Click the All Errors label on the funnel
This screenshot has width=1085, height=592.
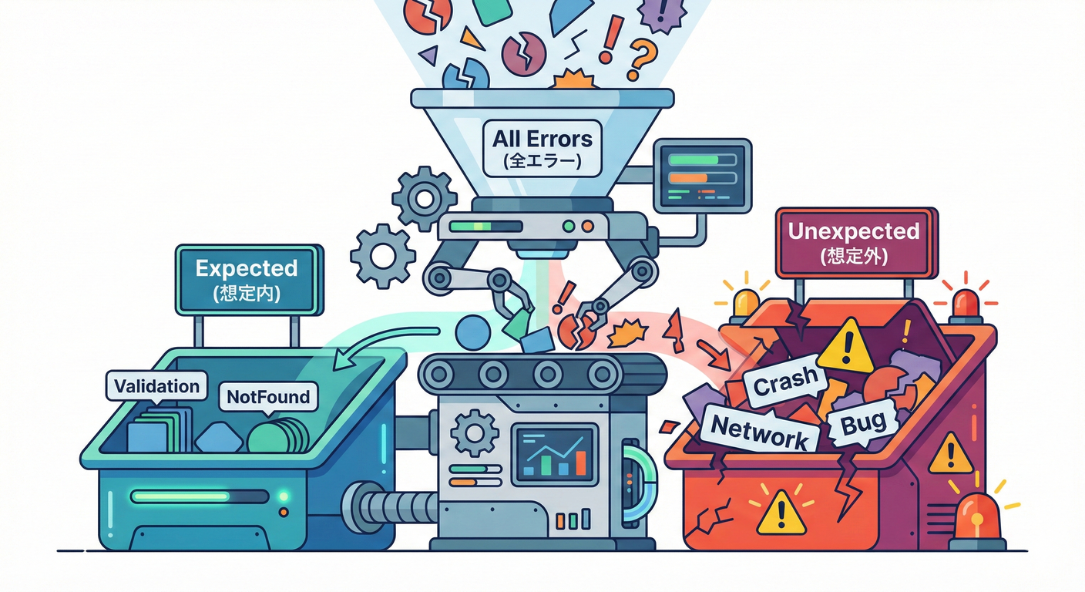click(542, 148)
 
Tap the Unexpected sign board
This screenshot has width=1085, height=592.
click(854, 242)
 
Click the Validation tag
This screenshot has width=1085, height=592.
click(156, 385)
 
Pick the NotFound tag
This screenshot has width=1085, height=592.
click(268, 397)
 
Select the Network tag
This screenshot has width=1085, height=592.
click(757, 432)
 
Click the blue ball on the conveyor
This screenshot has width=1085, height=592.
click(472, 332)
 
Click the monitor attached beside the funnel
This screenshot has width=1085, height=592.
click(702, 175)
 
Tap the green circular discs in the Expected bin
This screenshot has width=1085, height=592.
click(277, 437)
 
